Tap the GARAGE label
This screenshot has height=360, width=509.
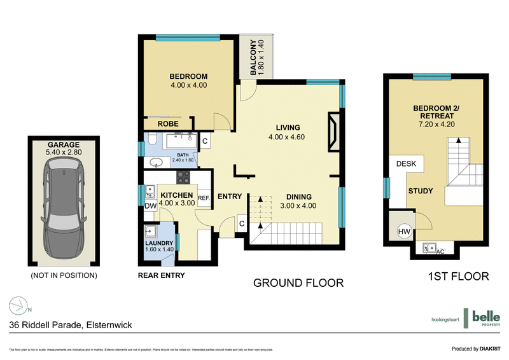pyautogui.click(x=63, y=144)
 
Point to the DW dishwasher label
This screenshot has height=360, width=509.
pyautogui.click(x=150, y=206)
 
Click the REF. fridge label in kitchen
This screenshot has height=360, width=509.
pyautogui.click(x=204, y=198)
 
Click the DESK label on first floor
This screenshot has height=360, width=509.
pyautogui.click(x=406, y=164)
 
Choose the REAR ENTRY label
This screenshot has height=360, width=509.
pyautogui.click(x=162, y=275)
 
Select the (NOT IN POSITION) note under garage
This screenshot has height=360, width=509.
pyautogui.click(x=64, y=275)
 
